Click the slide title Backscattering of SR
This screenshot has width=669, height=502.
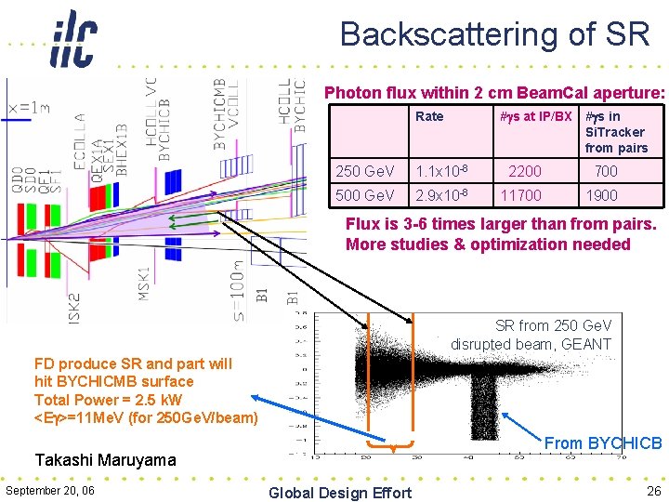pos(494,34)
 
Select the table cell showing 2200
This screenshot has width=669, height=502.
pos(525,171)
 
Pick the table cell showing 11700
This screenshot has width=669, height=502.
pos(521,196)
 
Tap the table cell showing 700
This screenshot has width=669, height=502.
pos(606,171)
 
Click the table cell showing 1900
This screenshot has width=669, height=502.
pos(603,196)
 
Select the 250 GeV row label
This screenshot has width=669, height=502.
pos(365,171)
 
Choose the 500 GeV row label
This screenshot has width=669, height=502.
pos(365,196)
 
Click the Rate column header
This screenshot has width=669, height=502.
pos(429,116)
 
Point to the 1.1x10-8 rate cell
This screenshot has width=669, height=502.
pos(441,171)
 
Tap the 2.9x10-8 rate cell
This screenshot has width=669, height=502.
pos(441,196)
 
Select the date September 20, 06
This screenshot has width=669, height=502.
pos(49,491)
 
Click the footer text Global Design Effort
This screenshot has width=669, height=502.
pos(339,492)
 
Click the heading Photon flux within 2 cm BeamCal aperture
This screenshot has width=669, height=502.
pos(493,93)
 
